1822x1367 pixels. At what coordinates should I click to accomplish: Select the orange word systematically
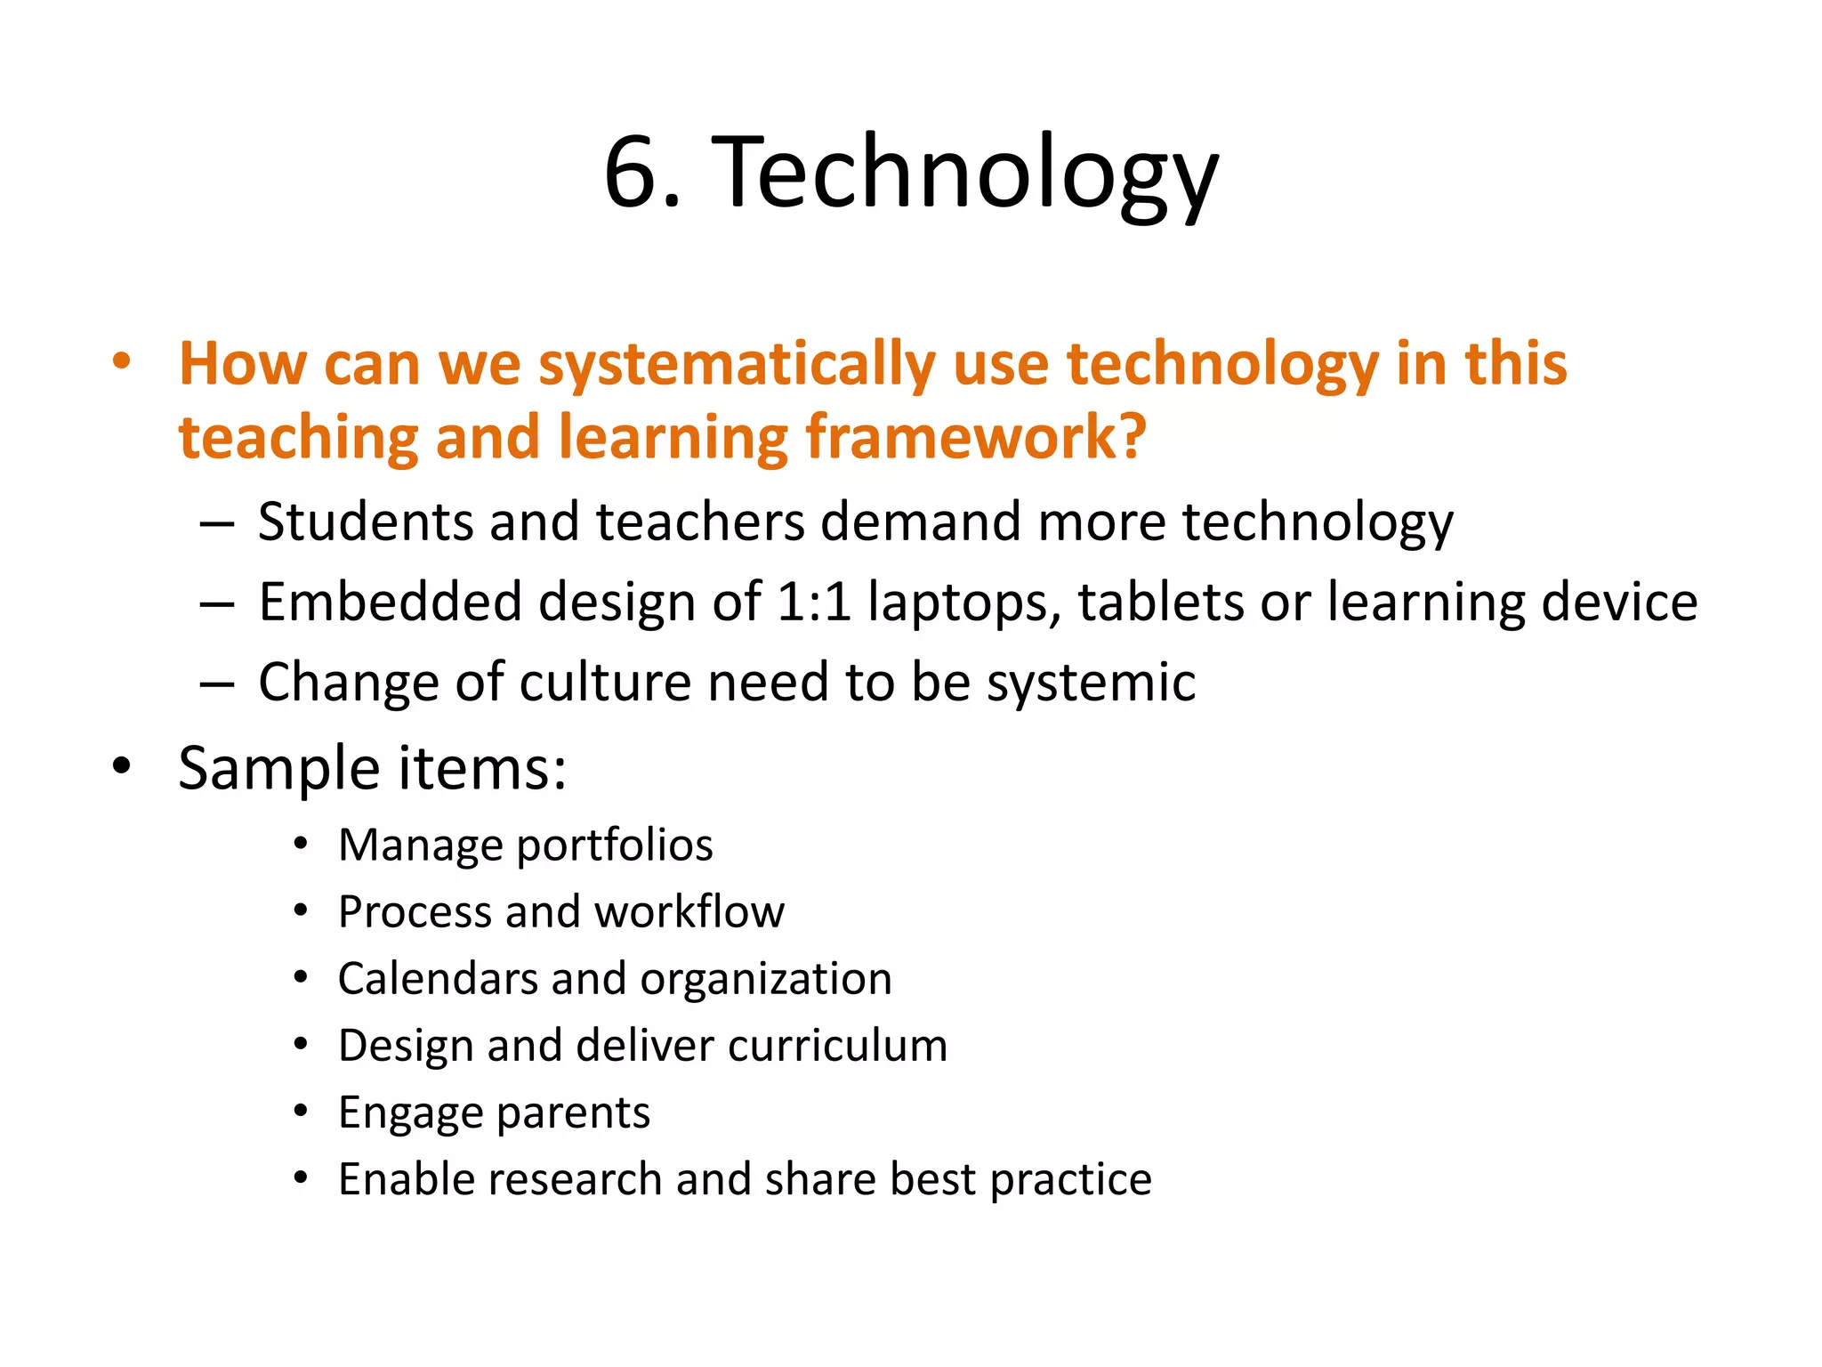pyautogui.click(x=737, y=365)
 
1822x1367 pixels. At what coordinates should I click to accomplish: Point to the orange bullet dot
pyautogui.click(x=122, y=362)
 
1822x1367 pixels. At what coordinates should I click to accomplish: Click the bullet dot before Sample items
pyautogui.click(x=122, y=765)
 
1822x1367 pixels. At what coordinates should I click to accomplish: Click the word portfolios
pyautogui.click(x=615, y=845)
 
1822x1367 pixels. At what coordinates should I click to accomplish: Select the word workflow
pyautogui.click(x=689, y=911)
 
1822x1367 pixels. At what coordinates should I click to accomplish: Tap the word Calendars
pyautogui.click(x=438, y=979)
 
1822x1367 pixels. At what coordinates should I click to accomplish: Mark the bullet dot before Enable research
pyautogui.click(x=302, y=1178)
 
